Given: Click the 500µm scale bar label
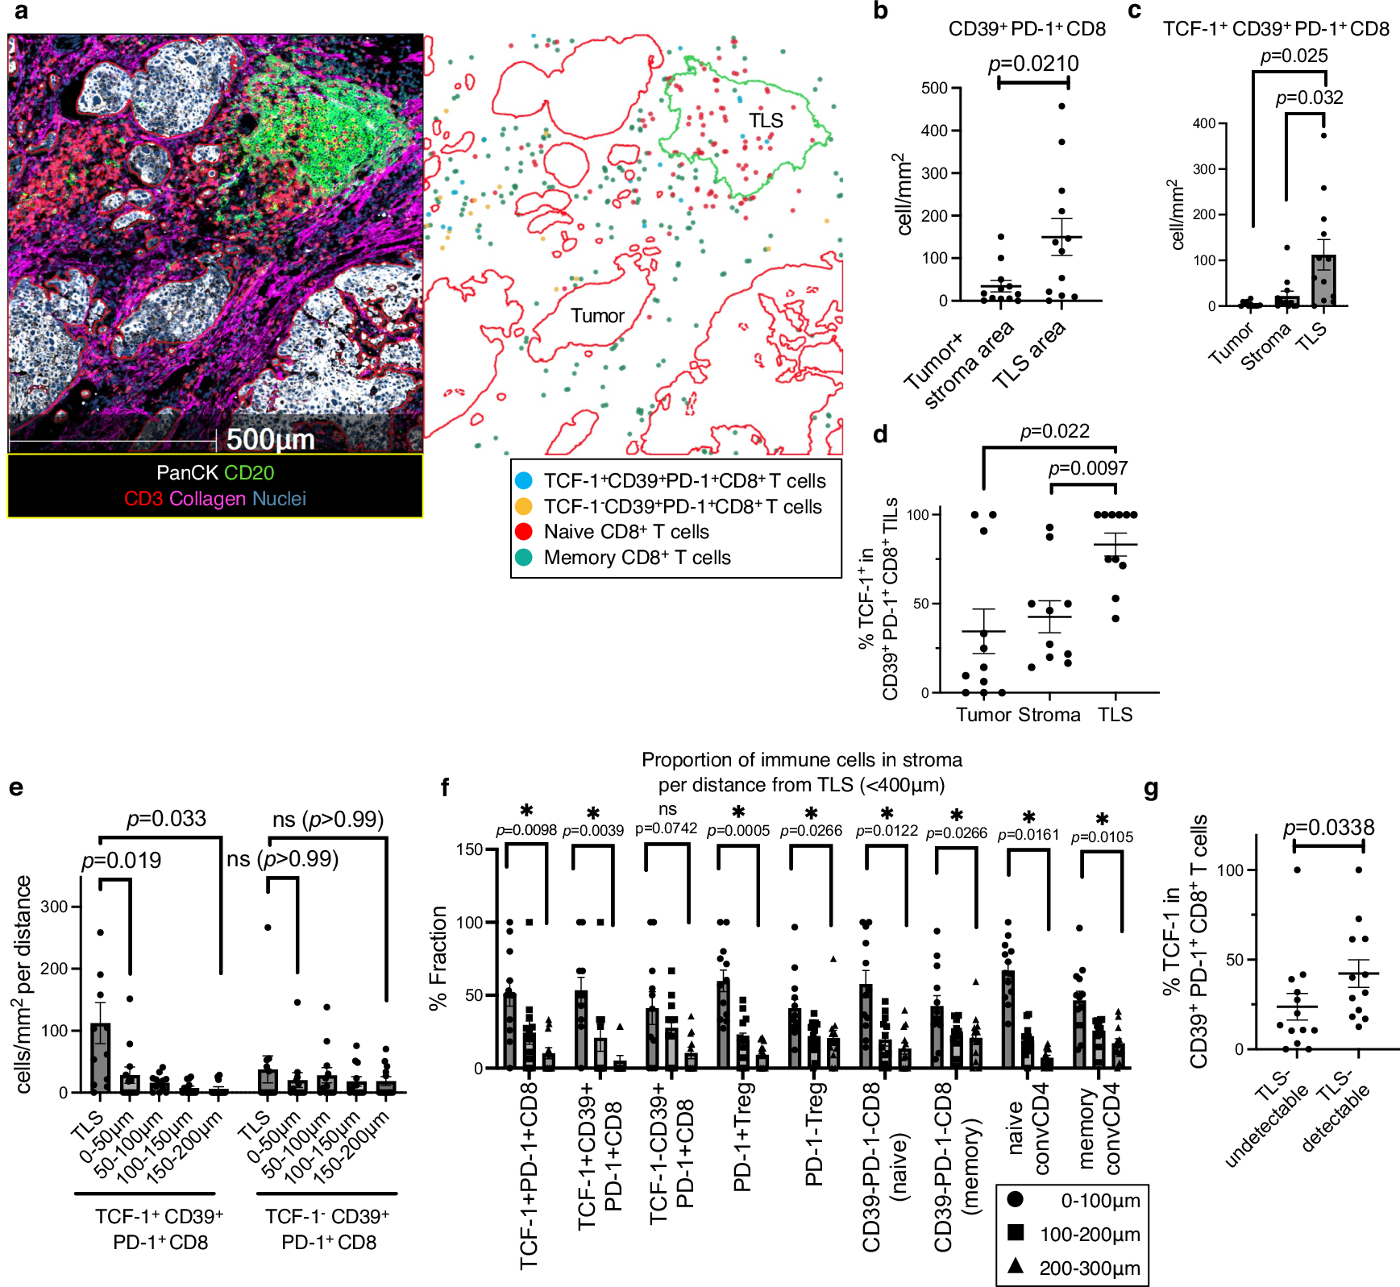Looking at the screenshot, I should [x=270, y=439].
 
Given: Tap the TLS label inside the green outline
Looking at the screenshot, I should [x=765, y=121].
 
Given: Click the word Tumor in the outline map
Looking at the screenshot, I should [x=597, y=316].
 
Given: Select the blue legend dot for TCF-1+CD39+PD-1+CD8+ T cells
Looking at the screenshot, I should [x=524, y=481].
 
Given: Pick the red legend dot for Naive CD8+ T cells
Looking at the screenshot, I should [x=524, y=532].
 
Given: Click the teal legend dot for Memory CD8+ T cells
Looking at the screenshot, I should [x=524, y=558].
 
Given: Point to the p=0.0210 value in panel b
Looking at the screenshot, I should [x=1033, y=64].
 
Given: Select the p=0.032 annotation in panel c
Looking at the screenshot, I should [x=1309, y=98].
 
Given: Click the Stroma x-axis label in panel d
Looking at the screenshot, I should [x=1049, y=715].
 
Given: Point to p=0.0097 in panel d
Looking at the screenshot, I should [x=1087, y=468].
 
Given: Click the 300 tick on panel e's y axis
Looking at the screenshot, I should [x=54, y=907].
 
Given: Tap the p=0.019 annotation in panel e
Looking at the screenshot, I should [x=122, y=861].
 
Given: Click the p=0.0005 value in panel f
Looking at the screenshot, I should [x=738, y=831].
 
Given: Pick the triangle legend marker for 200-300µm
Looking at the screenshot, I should [x=1016, y=1267].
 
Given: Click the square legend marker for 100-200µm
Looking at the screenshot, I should [x=1016, y=1233].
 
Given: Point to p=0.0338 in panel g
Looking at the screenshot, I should [x=1328, y=828].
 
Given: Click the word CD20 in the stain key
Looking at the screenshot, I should [x=249, y=473].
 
